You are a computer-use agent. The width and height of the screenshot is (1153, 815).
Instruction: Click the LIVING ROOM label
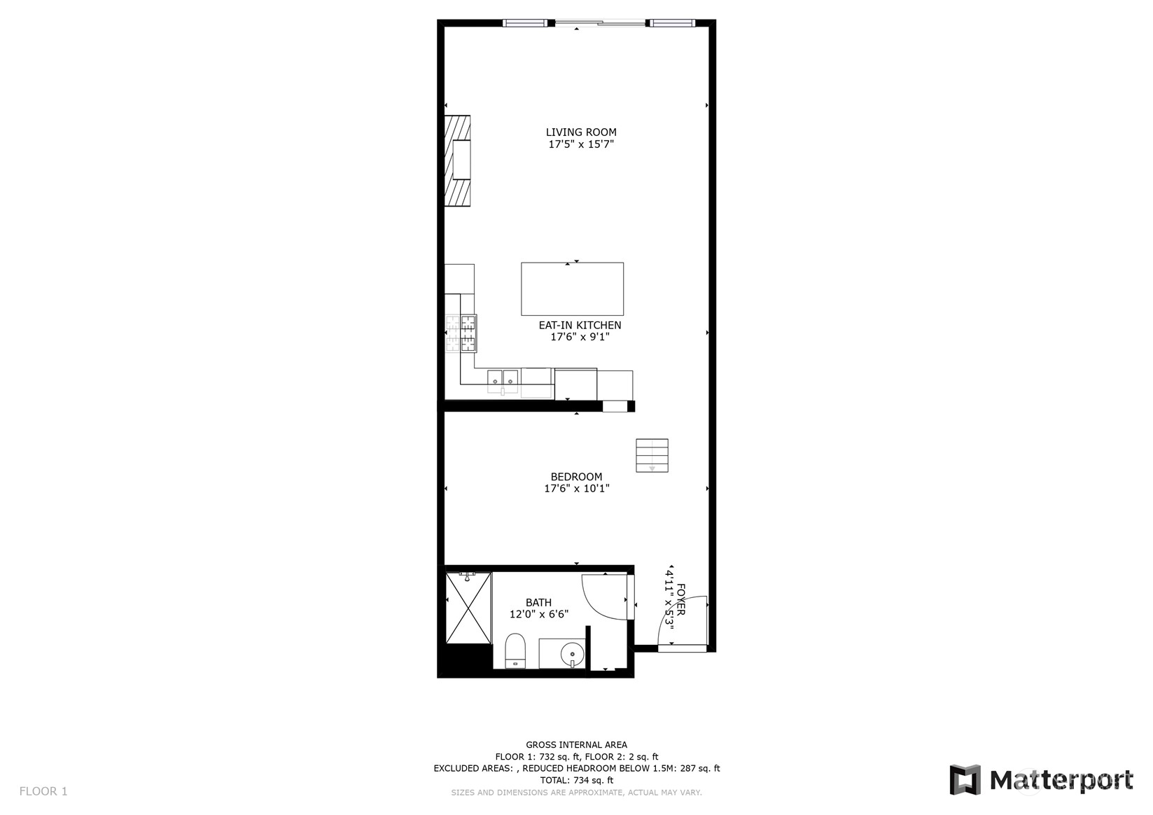click(580, 132)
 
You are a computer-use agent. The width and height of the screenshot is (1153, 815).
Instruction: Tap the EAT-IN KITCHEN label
click(580, 326)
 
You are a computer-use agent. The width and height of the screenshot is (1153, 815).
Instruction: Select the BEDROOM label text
click(576, 478)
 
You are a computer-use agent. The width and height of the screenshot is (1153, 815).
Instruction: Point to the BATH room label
click(538, 603)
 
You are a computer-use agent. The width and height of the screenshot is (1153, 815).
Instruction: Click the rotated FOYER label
click(680, 600)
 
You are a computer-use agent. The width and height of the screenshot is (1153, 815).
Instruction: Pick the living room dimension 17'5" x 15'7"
click(580, 145)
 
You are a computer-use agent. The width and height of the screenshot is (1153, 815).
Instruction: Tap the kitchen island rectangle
click(572, 289)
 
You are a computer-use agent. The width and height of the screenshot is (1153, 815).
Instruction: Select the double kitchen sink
click(503, 378)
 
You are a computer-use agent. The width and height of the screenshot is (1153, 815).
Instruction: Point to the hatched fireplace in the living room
click(458, 160)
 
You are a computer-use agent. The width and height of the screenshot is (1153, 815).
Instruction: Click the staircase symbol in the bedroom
click(652, 456)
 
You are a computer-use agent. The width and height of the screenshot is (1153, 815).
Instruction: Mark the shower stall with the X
click(468, 608)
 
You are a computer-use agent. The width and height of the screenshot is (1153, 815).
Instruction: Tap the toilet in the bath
click(515, 650)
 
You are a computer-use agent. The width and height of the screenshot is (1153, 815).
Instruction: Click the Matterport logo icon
click(965, 780)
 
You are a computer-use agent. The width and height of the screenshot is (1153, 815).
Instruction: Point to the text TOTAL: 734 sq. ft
click(577, 781)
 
